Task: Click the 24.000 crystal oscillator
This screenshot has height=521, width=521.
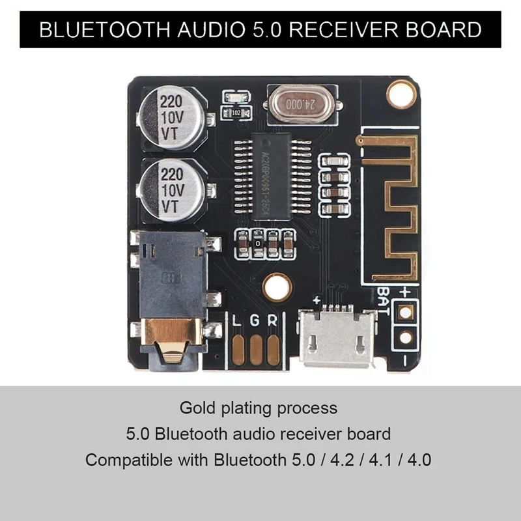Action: (295, 102)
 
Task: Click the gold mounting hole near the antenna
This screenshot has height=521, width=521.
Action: (401, 93)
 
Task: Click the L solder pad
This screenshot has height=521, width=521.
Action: (238, 350)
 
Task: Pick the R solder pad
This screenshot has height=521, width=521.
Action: (273, 350)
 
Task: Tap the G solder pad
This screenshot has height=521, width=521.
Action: (256, 350)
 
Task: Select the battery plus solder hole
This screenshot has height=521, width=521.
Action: (405, 312)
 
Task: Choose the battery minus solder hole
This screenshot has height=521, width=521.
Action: (405, 337)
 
